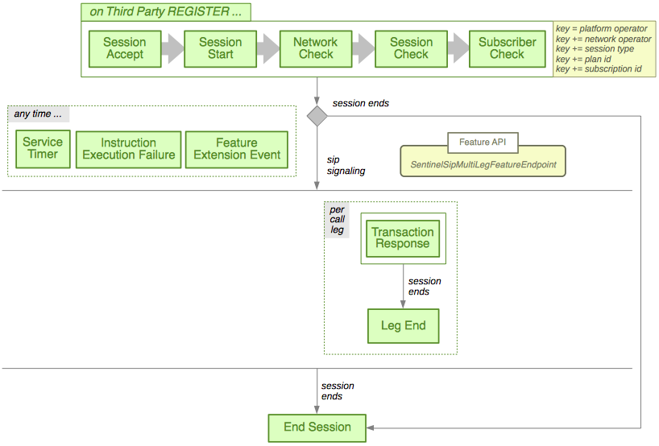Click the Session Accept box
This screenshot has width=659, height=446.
coord(125,48)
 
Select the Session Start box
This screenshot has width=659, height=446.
coord(220,48)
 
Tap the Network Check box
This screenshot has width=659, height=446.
coord(316,48)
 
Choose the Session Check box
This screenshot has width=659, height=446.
coord(411,48)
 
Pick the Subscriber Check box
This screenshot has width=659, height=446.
coord(507,48)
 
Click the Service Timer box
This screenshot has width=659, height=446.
coord(43,149)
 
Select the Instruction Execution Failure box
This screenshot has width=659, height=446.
coord(129,149)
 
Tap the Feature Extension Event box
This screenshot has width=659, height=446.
coord(237,149)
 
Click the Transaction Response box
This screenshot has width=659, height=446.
coord(403,238)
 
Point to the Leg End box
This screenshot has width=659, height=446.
coord(403,326)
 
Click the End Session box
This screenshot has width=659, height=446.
coord(317,427)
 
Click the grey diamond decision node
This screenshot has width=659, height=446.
coord(317,115)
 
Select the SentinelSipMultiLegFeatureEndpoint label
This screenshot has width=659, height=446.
coord(483,164)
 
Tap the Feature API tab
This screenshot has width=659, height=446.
coord(483,142)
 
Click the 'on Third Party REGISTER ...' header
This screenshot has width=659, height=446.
coord(166,12)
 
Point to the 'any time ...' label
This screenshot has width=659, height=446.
coord(38,114)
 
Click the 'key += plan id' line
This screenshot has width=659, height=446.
coord(588,59)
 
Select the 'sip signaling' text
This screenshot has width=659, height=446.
coord(346,165)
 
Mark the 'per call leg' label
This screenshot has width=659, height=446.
coord(338,219)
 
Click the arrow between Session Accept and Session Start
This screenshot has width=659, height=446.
coord(172,48)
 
